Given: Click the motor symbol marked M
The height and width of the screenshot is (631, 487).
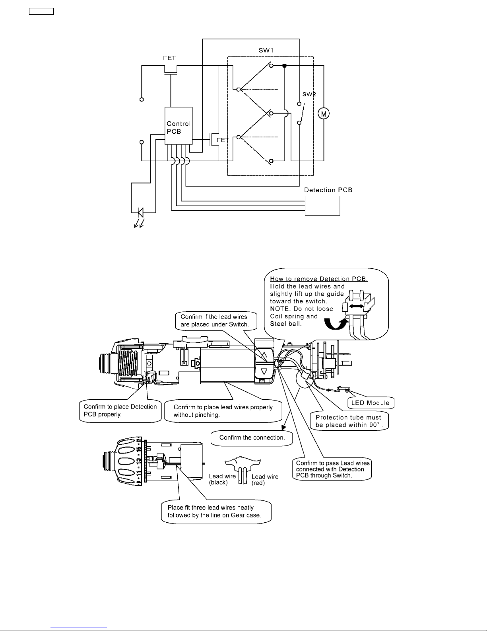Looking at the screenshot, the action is (x=324, y=113).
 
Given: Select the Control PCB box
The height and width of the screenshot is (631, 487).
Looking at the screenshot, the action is (x=178, y=125).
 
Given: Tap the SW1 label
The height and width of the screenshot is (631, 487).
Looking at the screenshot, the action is (x=266, y=50).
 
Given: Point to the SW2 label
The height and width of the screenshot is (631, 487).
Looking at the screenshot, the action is (x=309, y=94).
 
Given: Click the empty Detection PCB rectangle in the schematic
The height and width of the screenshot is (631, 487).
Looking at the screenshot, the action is (x=322, y=205).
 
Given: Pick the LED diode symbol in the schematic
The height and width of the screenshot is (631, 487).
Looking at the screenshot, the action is (x=141, y=212).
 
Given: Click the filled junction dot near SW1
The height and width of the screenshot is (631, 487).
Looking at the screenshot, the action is (x=284, y=66).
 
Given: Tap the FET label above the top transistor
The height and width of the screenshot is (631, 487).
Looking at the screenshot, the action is (x=169, y=58).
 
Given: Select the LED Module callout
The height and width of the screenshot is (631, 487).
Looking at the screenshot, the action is (x=371, y=403).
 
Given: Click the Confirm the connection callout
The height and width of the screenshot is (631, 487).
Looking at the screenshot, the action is (x=252, y=438).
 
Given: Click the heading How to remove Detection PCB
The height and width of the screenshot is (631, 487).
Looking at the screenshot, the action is (x=319, y=279).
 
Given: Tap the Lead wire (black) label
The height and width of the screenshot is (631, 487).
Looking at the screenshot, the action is (x=222, y=479).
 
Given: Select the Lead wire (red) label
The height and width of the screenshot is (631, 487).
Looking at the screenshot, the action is (x=265, y=480).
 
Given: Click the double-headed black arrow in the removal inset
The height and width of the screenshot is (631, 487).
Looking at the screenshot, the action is (x=356, y=306).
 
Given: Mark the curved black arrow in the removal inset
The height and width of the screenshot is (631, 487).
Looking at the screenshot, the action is (x=336, y=324).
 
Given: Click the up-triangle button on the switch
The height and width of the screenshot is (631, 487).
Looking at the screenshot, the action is (x=264, y=355).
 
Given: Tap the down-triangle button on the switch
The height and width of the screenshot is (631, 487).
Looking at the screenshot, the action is (x=264, y=371).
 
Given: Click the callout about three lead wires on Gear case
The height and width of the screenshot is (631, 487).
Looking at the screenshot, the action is (x=216, y=512).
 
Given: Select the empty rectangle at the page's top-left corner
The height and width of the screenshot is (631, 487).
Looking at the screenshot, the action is (x=41, y=11).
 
